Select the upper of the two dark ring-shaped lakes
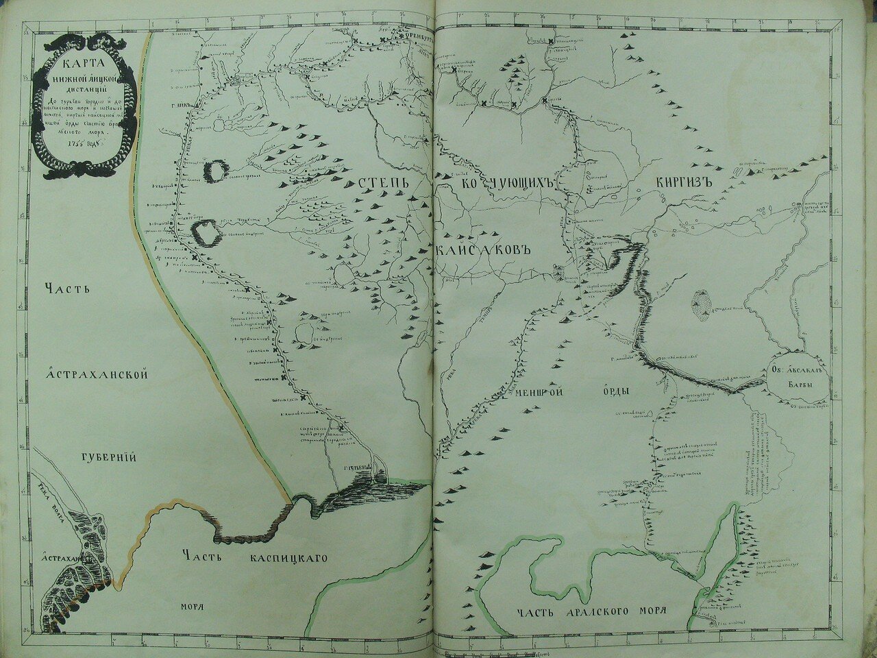pyautogui.click(x=216, y=171)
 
